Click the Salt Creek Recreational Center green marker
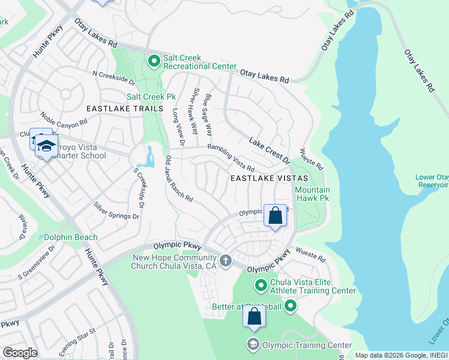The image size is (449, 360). (x=154, y=60)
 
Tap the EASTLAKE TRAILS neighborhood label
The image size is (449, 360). (x=124, y=109)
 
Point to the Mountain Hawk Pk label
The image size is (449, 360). (x=312, y=194)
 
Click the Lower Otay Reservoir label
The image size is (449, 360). (x=431, y=181)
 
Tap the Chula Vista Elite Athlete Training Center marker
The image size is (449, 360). (x=261, y=285)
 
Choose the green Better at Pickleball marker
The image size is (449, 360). (x=291, y=307)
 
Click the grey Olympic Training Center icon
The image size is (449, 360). (x=253, y=344)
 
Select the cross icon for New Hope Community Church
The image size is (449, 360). (x=226, y=260)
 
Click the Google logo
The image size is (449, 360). (x=20, y=353)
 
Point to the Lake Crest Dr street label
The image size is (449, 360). (x=269, y=151)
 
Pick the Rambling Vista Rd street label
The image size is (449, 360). (x=231, y=157)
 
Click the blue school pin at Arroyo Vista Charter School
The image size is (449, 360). (x=46, y=146)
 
